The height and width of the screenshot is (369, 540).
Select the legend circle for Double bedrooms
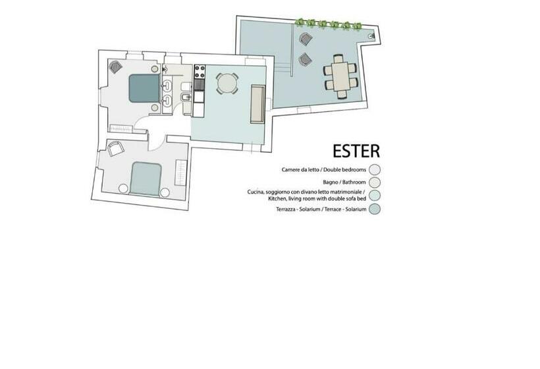[375, 169]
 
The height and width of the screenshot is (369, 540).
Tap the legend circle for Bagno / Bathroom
[375, 183]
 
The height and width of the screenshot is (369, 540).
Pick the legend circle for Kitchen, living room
[375, 196]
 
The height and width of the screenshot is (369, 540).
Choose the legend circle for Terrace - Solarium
[375, 210]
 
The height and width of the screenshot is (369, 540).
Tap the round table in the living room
[227, 83]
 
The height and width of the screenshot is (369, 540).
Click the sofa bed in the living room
[257, 104]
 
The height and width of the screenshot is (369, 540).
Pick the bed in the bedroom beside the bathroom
[143, 88]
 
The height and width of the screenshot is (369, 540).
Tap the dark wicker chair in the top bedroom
[116, 67]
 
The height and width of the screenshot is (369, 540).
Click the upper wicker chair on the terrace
[305, 39]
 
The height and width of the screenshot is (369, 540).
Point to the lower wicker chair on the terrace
[306, 60]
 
